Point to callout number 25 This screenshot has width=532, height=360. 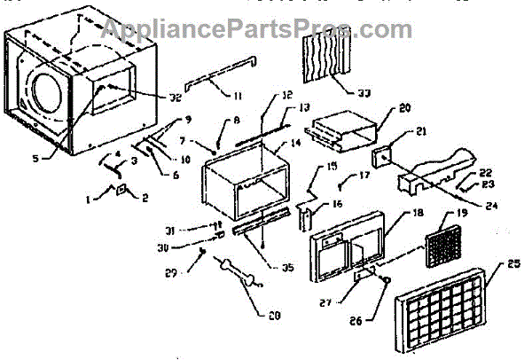point(513,264)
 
